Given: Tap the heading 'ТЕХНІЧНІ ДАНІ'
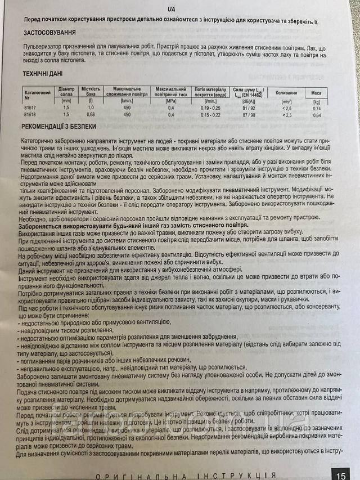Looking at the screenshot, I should (x=43, y=73).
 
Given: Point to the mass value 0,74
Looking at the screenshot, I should (x=317, y=108).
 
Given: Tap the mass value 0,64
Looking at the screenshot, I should (x=317, y=115).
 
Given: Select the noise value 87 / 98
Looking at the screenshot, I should (x=248, y=114).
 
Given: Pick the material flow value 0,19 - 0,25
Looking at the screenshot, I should (x=209, y=107).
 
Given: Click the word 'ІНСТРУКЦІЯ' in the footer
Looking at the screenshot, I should (x=236, y=474).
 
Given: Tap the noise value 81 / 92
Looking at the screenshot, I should (x=248, y=107).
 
